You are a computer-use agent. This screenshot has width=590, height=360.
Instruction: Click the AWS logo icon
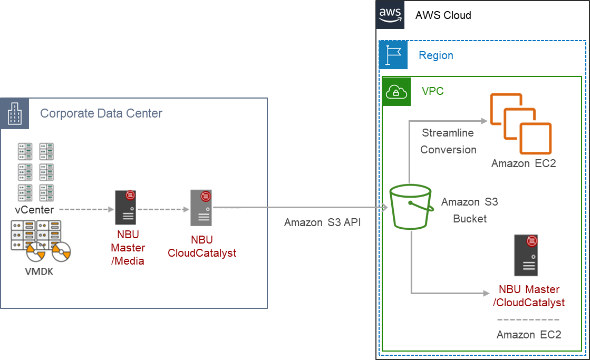click(x=391, y=14)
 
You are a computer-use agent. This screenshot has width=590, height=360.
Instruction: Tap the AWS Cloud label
click(x=443, y=15)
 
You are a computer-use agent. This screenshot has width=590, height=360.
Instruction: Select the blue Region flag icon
click(x=393, y=55)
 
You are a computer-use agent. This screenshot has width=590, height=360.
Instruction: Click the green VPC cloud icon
click(x=396, y=92)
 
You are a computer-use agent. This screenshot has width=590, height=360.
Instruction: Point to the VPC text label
click(x=433, y=91)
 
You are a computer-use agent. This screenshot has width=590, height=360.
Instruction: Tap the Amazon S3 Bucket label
click(x=469, y=210)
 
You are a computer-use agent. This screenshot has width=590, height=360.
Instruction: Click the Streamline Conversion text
click(x=448, y=141)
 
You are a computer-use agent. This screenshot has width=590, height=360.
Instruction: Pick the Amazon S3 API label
click(x=323, y=222)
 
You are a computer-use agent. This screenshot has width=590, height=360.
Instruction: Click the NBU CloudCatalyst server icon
click(x=201, y=208)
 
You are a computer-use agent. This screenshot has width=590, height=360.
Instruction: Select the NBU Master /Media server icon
click(x=126, y=208)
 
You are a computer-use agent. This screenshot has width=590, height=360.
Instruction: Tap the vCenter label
click(x=34, y=210)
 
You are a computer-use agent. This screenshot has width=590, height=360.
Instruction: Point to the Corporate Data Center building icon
click(x=15, y=113)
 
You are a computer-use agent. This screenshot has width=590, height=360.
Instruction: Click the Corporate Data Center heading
click(x=101, y=113)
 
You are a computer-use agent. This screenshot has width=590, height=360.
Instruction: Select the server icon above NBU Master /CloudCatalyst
click(x=526, y=256)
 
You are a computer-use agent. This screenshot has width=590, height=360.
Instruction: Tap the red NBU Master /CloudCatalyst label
click(x=528, y=296)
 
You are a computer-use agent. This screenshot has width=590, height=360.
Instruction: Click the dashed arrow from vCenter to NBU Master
click(x=84, y=209)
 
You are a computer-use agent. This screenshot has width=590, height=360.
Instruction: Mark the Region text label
click(x=436, y=55)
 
